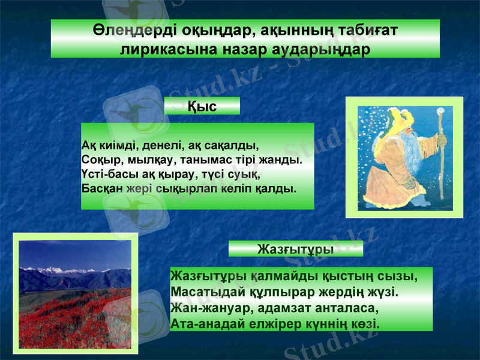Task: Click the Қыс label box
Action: pyautogui.click(x=202, y=106)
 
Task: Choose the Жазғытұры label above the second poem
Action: pyautogui.click(x=295, y=248)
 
